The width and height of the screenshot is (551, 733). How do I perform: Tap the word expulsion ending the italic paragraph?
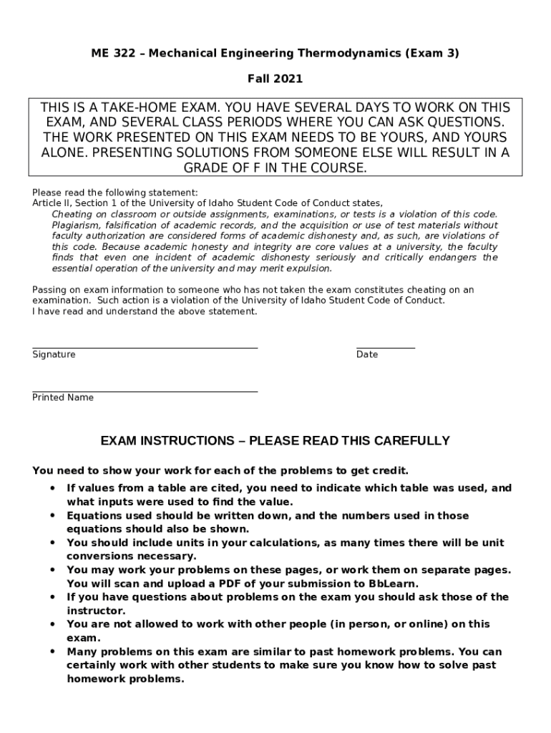310,268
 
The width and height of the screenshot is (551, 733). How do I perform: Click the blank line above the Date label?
385,348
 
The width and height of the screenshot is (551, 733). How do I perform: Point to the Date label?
367,355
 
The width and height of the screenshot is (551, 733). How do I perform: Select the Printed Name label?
63,398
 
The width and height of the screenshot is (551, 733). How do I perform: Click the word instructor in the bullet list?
96,610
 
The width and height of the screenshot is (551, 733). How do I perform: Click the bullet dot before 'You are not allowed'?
53,624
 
